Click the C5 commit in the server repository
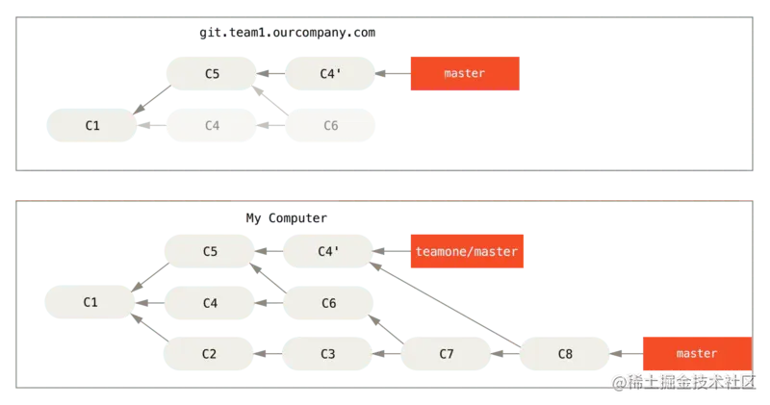coord(212,73)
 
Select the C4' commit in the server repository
coord(330,73)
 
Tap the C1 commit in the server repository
coord(92,125)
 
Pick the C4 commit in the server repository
coord(212,125)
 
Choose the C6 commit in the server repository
coord(330,125)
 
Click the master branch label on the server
coord(464,73)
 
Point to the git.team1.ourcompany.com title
coord(288,33)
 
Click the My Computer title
coord(286,218)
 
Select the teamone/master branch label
coord(466,251)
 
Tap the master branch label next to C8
coord(696,354)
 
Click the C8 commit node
coord(565,354)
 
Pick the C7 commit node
coord(447,354)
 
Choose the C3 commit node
coord(327,354)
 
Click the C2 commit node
coord(209,354)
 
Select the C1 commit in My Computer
coord(90,302)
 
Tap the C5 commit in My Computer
coord(209,251)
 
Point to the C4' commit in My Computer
coord(327,251)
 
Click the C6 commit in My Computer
coord(327,302)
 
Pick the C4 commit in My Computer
coord(209,302)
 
